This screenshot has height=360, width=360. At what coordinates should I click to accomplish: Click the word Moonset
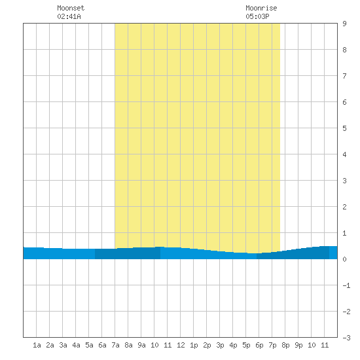[71, 8]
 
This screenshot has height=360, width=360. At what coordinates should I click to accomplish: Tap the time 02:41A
[69, 16]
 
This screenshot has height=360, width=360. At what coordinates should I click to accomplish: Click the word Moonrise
[261, 8]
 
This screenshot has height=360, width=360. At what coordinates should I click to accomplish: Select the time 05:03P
[257, 16]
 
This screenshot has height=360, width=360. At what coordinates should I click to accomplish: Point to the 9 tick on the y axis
[344, 24]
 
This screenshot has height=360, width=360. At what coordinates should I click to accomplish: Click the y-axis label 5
[344, 128]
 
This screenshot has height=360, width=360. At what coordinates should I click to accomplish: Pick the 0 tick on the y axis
[344, 259]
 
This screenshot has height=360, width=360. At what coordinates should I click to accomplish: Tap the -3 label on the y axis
[346, 338]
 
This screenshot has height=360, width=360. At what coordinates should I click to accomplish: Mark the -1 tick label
[346, 285]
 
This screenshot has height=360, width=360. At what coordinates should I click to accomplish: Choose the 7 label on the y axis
[344, 76]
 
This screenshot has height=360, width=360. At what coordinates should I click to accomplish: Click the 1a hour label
[37, 345]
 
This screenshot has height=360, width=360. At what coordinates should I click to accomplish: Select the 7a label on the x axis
[115, 345]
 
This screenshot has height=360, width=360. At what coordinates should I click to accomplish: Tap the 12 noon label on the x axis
[181, 345]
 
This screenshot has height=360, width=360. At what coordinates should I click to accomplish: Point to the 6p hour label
[259, 345]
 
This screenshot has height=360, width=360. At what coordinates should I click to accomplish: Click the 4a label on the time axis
[76, 345]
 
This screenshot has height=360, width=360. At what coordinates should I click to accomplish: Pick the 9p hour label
[298, 345]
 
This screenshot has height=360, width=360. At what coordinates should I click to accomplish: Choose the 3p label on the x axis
[220, 345]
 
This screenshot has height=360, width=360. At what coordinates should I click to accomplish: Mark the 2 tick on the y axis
[344, 207]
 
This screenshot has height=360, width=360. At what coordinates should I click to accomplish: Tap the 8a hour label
[128, 345]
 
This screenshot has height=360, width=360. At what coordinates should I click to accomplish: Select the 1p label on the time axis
[194, 345]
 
